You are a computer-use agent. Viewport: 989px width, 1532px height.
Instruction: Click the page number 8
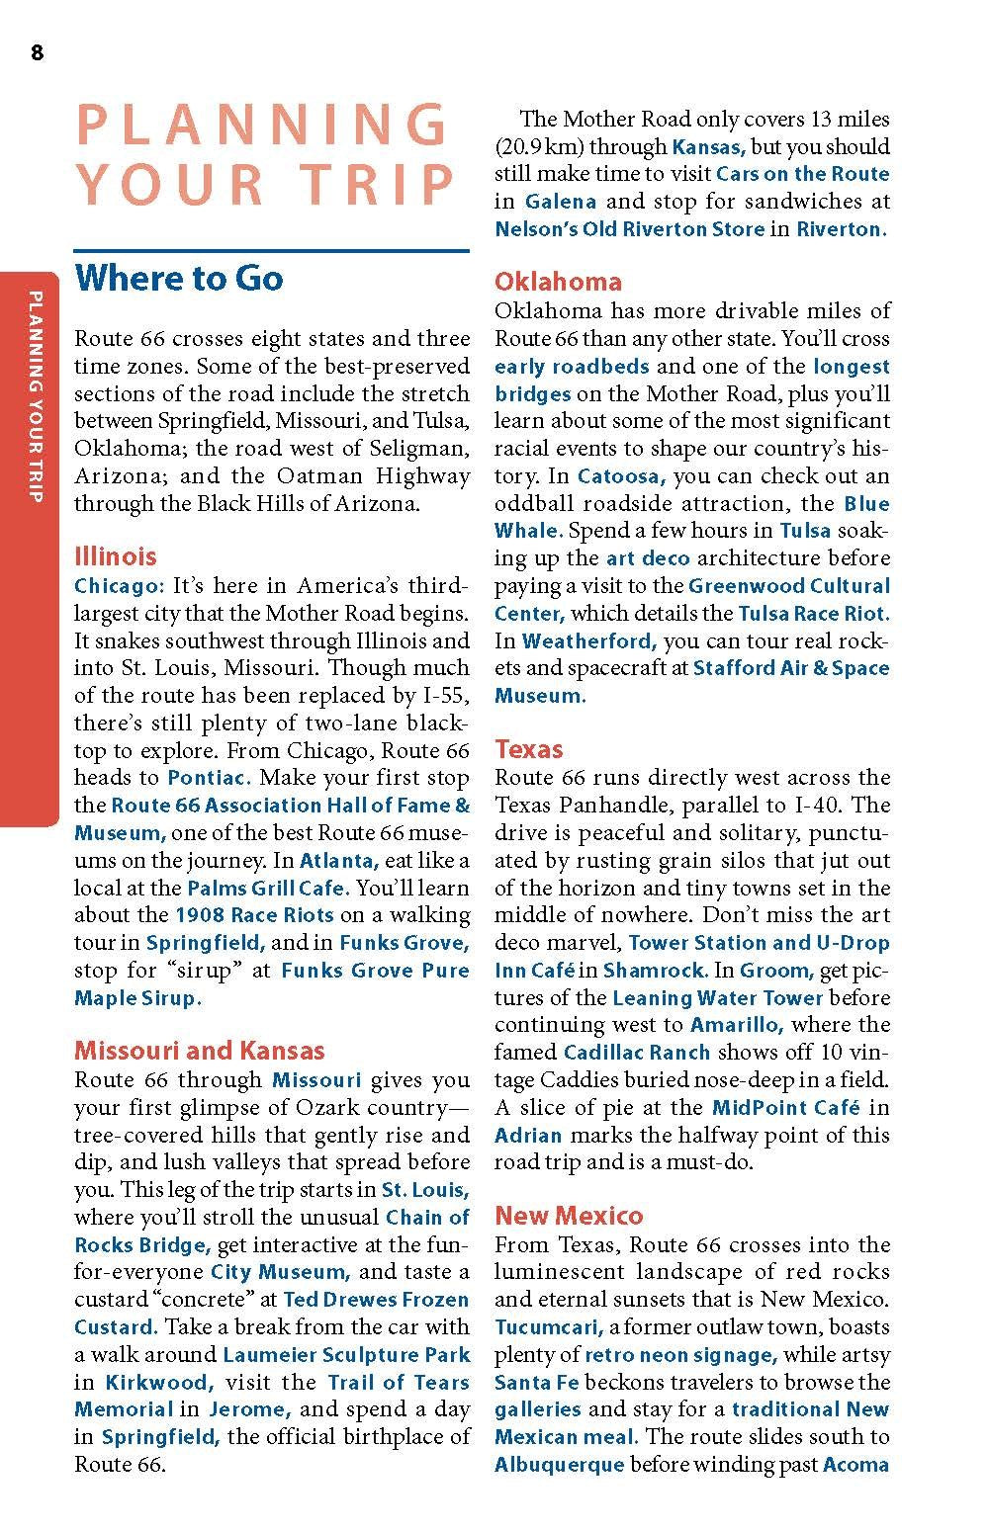click(37, 53)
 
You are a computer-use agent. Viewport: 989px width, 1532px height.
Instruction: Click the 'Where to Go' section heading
click(179, 278)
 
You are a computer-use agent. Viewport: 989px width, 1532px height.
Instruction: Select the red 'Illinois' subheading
click(116, 555)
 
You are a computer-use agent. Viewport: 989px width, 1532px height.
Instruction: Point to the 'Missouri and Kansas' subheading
click(200, 1050)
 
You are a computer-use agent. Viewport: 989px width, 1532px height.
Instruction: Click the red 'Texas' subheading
click(529, 748)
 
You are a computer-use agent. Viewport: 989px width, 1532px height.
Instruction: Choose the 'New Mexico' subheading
click(569, 1215)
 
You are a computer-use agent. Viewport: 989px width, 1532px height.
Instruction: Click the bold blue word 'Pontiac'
click(209, 778)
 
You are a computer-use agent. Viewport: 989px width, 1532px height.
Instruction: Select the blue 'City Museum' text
click(280, 1272)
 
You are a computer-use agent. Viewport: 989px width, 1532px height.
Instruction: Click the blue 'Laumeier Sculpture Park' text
click(346, 1355)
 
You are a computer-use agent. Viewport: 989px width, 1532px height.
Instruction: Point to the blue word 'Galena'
click(561, 202)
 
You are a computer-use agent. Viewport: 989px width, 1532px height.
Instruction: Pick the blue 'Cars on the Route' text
click(802, 174)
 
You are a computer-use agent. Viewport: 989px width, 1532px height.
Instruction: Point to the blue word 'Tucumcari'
click(549, 1327)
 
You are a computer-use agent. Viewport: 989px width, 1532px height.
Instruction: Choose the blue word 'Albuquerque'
click(559, 1465)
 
